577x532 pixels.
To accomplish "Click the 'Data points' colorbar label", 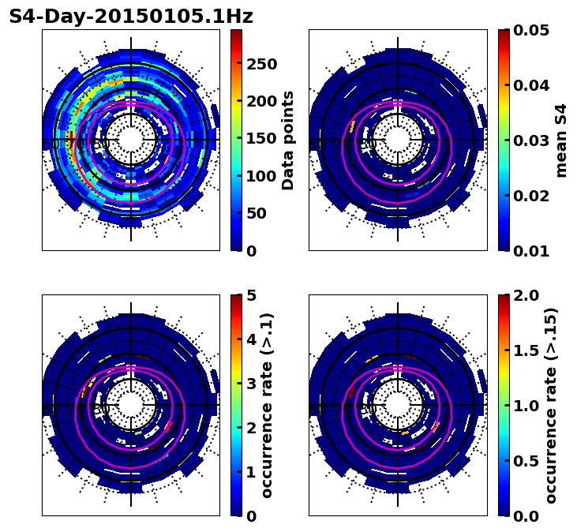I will pyautogui.click(x=288, y=140).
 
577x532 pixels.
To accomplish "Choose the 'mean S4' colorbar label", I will pyautogui.click(x=561, y=140).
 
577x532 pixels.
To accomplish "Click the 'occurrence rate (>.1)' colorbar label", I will pyautogui.click(x=267, y=405).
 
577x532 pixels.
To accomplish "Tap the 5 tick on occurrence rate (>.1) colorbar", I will pyautogui.click(x=251, y=295).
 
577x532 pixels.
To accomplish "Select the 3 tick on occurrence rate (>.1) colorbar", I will pyautogui.click(x=251, y=384).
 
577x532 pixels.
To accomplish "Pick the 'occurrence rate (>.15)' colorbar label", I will pyautogui.click(x=551, y=405).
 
